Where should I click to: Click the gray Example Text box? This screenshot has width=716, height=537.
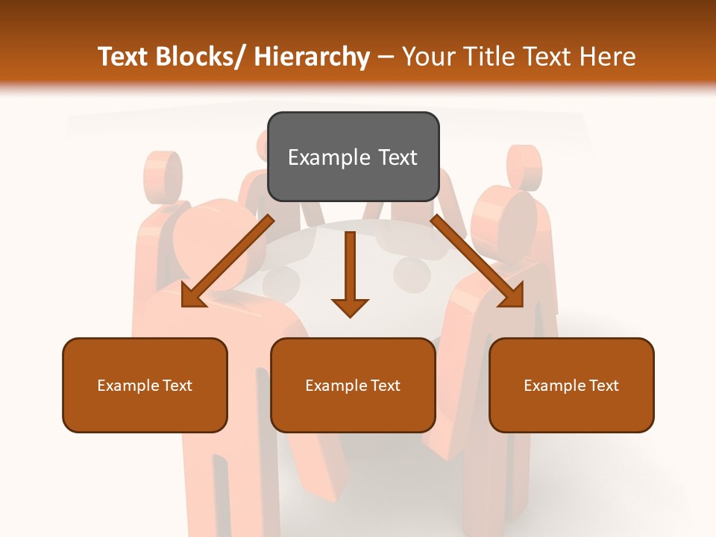click(353, 157)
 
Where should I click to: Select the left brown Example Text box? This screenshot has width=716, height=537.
click(145, 385)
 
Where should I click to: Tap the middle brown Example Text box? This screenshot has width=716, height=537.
click(353, 385)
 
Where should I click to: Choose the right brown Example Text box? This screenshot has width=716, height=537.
click(571, 385)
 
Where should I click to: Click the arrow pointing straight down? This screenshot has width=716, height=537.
click(350, 276)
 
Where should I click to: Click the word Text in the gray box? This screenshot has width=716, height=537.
click(397, 157)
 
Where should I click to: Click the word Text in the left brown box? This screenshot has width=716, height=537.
click(178, 386)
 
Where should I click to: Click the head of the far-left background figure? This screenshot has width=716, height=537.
click(163, 175)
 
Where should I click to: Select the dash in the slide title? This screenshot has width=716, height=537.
click(386, 57)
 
